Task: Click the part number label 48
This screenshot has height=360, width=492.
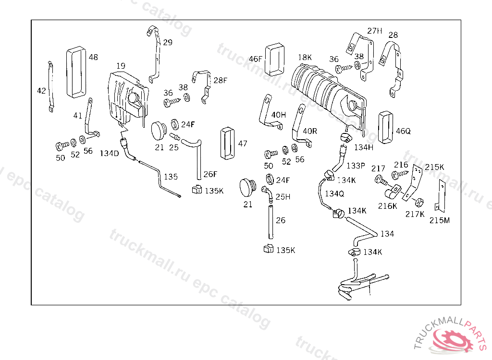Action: [x=93, y=57]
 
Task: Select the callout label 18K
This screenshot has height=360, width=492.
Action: [x=305, y=58]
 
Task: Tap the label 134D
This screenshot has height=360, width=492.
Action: [x=109, y=154]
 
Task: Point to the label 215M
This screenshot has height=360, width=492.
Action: [x=440, y=220]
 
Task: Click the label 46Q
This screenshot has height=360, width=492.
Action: [x=404, y=130]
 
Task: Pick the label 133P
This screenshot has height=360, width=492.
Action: [x=356, y=166]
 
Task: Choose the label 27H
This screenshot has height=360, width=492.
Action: [x=375, y=31]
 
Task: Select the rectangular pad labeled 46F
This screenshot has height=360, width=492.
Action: [x=274, y=59]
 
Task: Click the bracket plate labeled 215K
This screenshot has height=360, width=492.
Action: [x=413, y=182]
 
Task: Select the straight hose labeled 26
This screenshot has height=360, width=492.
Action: [x=270, y=221]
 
